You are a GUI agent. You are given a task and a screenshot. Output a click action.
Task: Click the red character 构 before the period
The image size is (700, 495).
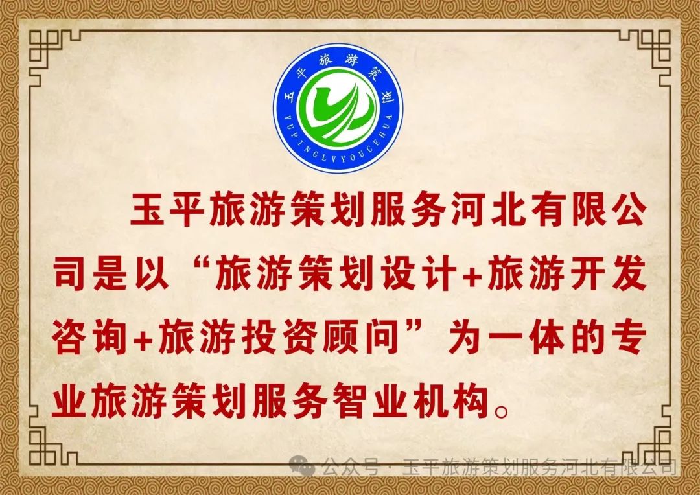pyautogui.click(x=472, y=400)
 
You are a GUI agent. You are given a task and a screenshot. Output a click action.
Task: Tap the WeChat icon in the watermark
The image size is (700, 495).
pyautogui.click(x=302, y=466)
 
